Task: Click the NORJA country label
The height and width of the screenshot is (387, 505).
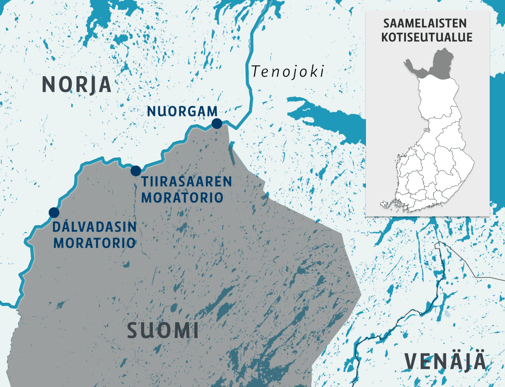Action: pyautogui.click(x=77, y=84)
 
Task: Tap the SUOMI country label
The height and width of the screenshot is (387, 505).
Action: pyautogui.click(x=163, y=331)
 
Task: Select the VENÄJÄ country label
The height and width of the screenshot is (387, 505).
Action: pyautogui.click(x=445, y=363)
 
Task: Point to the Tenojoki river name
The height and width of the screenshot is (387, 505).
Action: pyautogui.click(x=288, y=72)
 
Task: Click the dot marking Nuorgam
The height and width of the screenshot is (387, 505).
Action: pyautogui.click(x=217, y=123)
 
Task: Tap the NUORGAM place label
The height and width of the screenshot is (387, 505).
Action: pyautogui.click(x=182, y=112)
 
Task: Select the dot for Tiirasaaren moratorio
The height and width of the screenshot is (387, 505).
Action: pyautogui.click(x=136, y=171)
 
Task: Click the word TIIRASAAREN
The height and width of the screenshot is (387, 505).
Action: pyautogui.click(x=187, y=182)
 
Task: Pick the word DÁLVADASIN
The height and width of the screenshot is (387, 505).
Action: pyautogui.click(x=94, y=227)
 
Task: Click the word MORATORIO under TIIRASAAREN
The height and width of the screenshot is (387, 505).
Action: pyautogui.click(x=182, y=198)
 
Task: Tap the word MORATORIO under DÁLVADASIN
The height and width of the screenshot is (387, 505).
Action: pyautogui.click(x=94, y=243)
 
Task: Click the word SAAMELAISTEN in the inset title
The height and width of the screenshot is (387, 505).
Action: pyautogui.click(x=427, y=23)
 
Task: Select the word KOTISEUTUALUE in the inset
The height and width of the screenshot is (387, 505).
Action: pyautogui.click(x=427, y=37)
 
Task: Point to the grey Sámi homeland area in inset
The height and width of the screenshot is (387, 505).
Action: pyautogui.click(x=438, y=67)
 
